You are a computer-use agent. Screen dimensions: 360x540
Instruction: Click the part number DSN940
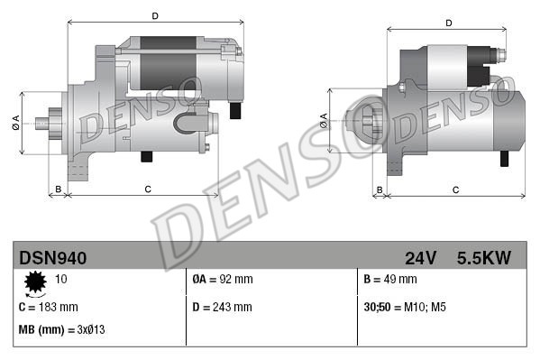coord(53,258)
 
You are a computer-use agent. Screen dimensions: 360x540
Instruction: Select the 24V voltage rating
coord(420,258)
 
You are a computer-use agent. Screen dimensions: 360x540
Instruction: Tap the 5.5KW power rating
coord(483,258)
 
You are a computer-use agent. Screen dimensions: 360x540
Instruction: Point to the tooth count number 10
coord(62,280)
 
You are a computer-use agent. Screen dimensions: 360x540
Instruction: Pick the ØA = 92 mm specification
coord(224,280)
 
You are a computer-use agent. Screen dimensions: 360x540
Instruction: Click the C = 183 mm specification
coord(49,307)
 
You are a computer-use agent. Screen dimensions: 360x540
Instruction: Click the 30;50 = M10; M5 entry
coord(405,307)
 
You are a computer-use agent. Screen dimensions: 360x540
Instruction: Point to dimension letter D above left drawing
coord(154,15)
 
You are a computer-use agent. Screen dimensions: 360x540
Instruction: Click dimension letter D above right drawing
coord(448,23)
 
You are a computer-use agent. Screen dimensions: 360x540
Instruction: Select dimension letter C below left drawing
coord(147,189)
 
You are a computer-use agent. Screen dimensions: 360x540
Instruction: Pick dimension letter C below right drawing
coord(455,189)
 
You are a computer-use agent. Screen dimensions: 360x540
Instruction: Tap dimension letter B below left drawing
coord(58,189)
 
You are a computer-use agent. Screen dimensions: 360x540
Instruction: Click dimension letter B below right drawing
coord(380,189)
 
